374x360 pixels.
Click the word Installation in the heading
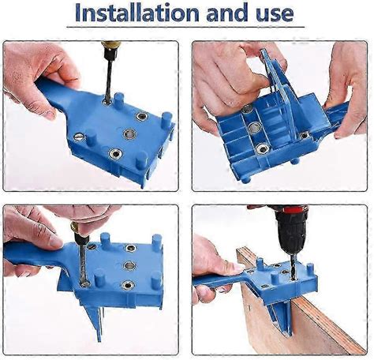click(x=132, y=13)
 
